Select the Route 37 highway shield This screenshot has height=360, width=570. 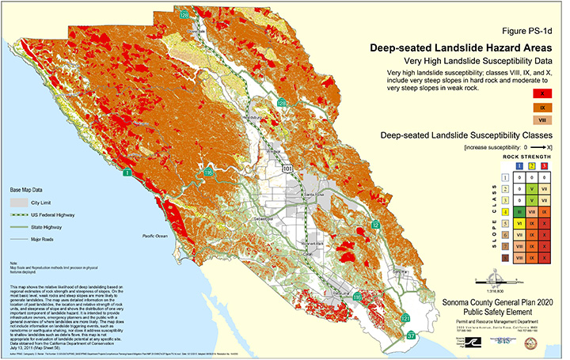pos(410,335)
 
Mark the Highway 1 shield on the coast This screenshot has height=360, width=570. pos(127,171)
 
